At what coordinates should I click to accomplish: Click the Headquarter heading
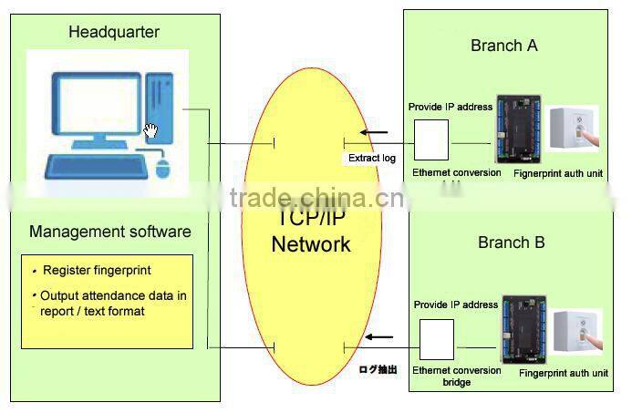[114, 33]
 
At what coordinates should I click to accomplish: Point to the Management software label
[110, 232]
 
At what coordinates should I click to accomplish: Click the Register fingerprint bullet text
[97, 271]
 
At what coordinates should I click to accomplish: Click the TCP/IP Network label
[310, 232]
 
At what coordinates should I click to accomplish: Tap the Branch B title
[511, 243]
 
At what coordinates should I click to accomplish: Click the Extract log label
[372, 158]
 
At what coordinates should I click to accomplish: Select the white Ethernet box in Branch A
[431, 139]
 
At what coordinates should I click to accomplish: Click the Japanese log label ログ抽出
[378, 370]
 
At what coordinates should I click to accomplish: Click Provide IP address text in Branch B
[456, 305]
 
